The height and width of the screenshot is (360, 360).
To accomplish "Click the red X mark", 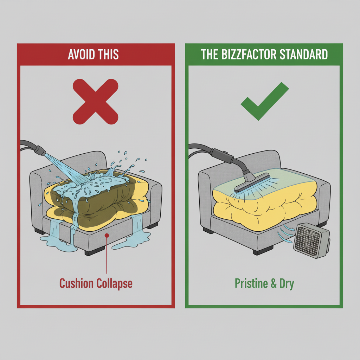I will [95, 101].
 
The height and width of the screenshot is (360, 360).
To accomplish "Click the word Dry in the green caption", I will [287, 284].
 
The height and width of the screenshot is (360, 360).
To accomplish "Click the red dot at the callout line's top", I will [107, 235].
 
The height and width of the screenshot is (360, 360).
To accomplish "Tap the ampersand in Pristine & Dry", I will [274, 283].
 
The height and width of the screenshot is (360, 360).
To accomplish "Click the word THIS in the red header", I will [108, 54].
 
